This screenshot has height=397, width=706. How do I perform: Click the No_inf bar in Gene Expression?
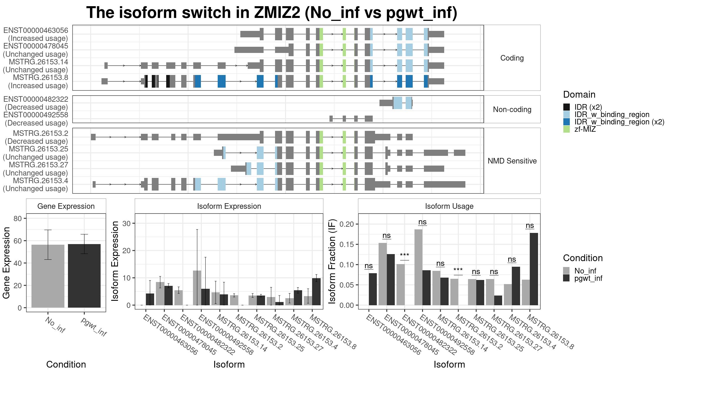pyautogui.click(x=48, y=276)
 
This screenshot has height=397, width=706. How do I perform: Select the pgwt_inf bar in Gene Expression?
pyautogui.click(x=84, y=276)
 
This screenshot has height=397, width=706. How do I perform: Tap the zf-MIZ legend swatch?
pyautogui.click(x=567, y=129)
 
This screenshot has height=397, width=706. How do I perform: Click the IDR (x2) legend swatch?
pyautogui.click(x=567, y=107)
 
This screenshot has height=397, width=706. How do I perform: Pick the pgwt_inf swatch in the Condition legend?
pyautogui.click(x=567, y=278)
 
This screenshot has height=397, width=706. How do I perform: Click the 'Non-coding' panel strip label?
pyautogui.click(x=512, y=109)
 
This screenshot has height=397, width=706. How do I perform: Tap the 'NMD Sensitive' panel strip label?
pyautogui.click(x=512, y=161)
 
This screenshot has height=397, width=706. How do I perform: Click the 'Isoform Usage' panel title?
pyautogui.click(x=449, y=206)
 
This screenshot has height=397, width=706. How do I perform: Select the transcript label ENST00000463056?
pyautogui.click(x=36, y=30)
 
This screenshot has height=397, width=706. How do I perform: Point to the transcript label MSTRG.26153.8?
pyautogui.click(x=41, y=77)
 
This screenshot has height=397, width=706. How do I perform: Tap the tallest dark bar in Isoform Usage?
pyautogui.click(x=534, y=269)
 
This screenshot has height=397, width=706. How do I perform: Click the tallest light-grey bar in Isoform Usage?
pyautogui.click(x=418, y=267)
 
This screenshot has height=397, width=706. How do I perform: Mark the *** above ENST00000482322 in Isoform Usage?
pyautogui.click(x=404, y=255)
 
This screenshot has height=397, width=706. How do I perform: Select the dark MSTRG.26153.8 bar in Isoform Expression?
pyautogui.click(x=316, y=292)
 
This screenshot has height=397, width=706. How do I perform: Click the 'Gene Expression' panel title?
pyautogui.click(x=66, y=206)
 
